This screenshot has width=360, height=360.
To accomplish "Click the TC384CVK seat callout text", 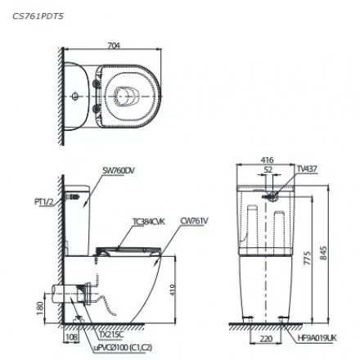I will click(x=143, y=220).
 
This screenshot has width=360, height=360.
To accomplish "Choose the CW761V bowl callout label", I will click(x=190, y=220).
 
